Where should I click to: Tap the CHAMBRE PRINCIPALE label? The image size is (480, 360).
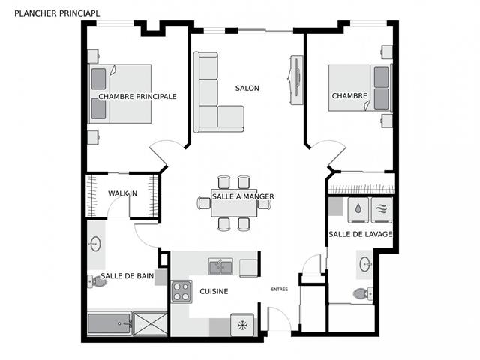tap(137, 96)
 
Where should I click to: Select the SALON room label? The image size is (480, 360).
tap(247, 88)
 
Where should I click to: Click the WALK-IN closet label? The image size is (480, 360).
tap(122, 193)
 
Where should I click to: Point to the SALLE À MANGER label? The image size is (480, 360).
tap(242, 196)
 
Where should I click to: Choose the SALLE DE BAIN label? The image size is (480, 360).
tap(127, 276)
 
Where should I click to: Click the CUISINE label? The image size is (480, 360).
tap(214, 291)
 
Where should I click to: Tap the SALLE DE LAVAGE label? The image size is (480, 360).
tap(360, 235)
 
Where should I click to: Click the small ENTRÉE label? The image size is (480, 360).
tap(279, 289)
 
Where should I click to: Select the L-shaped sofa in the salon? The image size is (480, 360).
tap(214, 97)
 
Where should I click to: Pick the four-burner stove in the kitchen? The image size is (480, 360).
tap(181, 291)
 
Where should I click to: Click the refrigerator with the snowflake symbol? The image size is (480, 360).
tap(242, 324)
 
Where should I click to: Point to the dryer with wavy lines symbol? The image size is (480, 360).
tap(382, 209)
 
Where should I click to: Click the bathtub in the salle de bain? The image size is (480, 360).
tap(109, 324)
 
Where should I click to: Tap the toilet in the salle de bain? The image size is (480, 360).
tap(95, 280)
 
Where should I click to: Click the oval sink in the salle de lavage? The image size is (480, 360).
tap(365, 263)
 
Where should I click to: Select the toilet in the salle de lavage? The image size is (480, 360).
tap(361, 293)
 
